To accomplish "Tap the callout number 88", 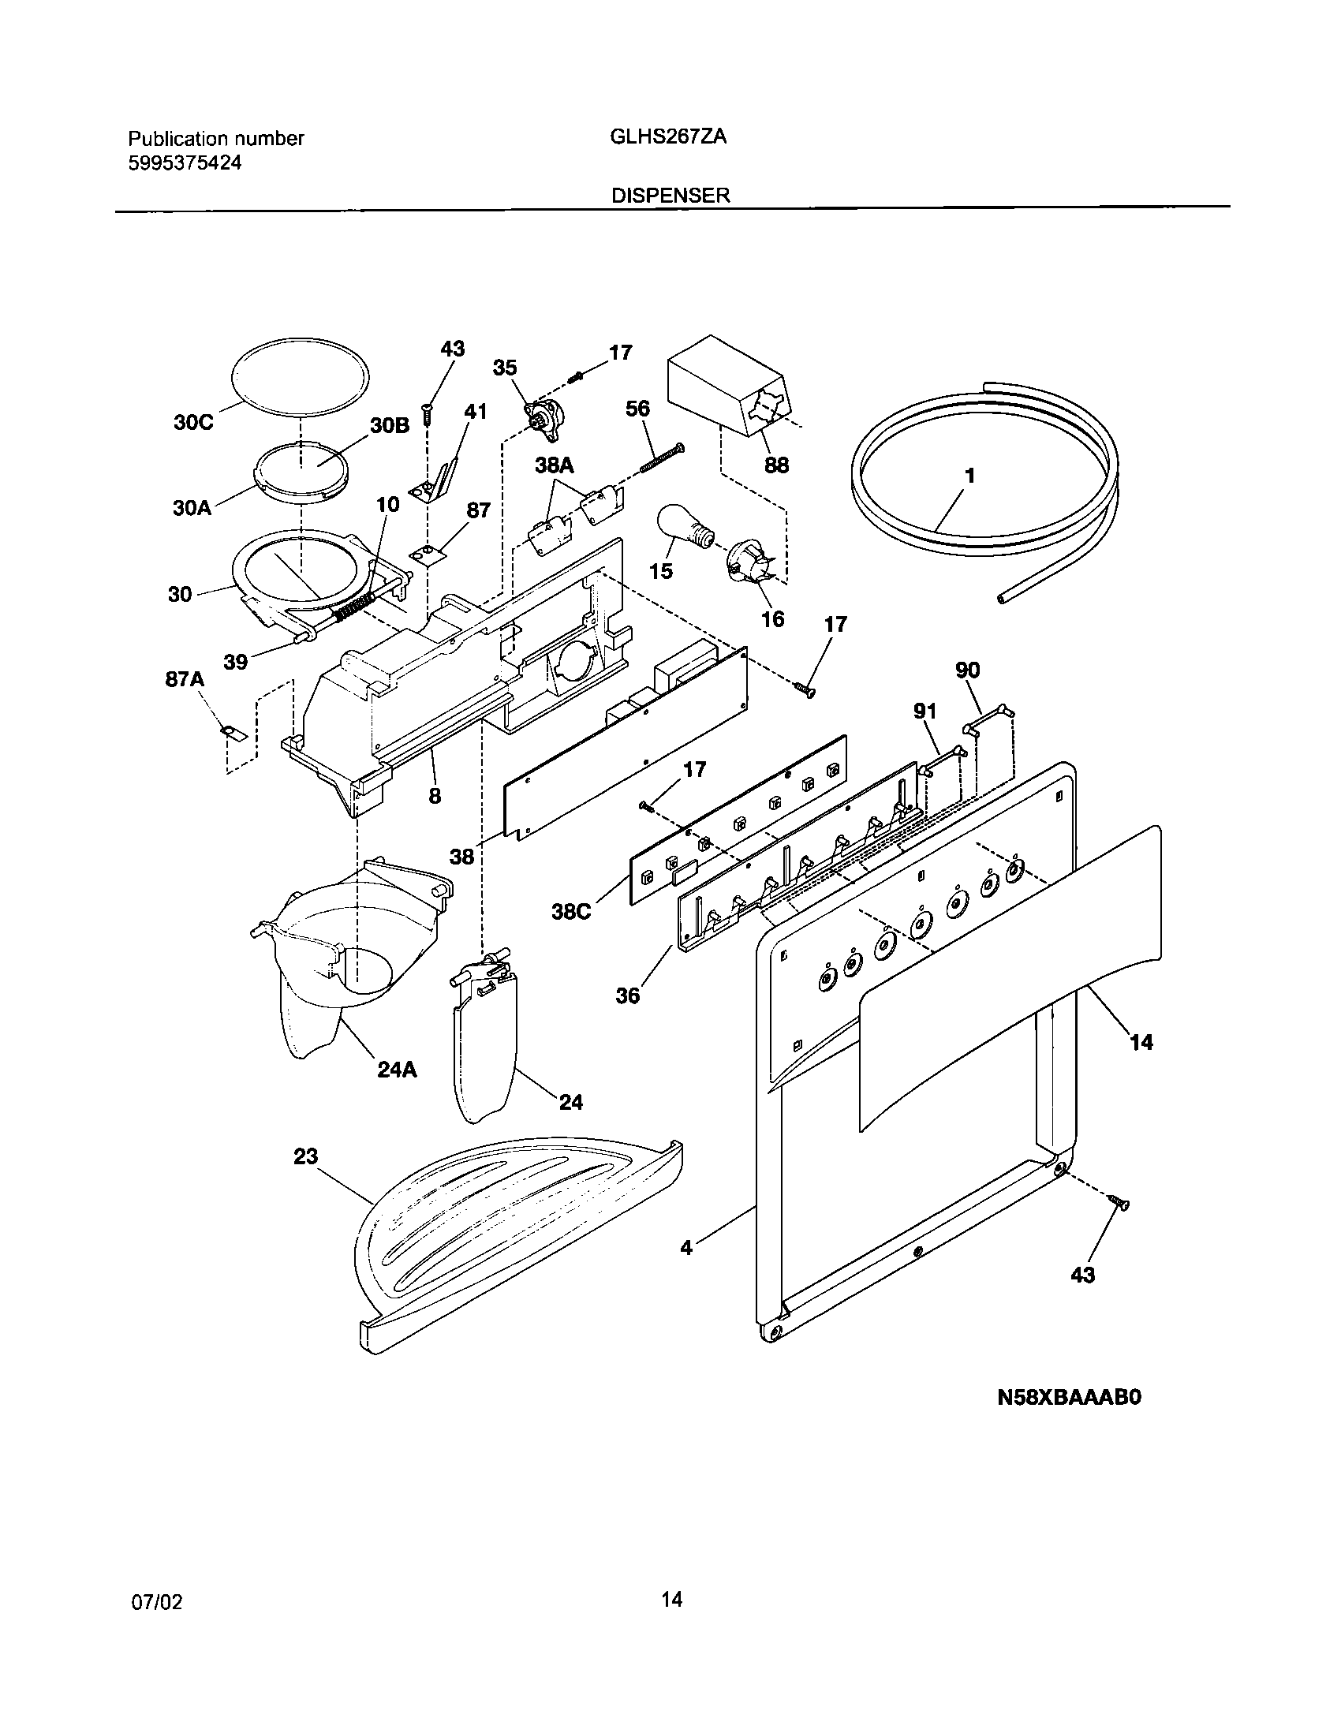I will click(x=776, y=465).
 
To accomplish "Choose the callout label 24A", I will click(x=396, y=1070).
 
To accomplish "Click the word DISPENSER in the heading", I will click(x=670, y=196).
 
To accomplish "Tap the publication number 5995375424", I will click(x=185, y=163).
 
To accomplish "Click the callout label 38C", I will click(x=572, y=913).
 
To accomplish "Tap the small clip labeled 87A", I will click(x=233, y=734).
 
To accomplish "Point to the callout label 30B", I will click(x=390, y=425).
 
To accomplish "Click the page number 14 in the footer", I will click(x=671, y=1599).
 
